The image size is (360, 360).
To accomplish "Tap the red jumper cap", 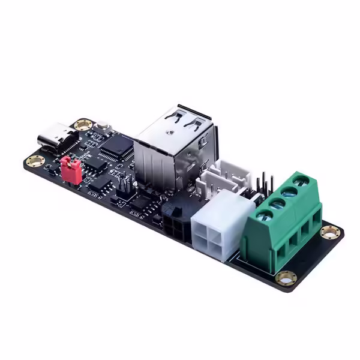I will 71,170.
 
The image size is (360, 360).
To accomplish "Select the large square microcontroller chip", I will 116,145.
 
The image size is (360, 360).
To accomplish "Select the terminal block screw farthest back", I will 303,180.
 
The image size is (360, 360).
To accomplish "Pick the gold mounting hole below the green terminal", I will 286,277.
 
